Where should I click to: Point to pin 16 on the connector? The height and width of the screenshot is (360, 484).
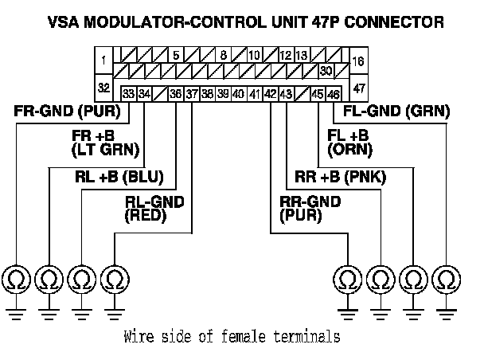[x=357, y=60]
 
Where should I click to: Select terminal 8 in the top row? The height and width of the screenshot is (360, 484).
[x=224, y=56]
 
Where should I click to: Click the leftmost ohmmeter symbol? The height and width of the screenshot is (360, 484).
[x=17, y=279]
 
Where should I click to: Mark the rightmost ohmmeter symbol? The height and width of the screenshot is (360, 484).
[x=447, y=279]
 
